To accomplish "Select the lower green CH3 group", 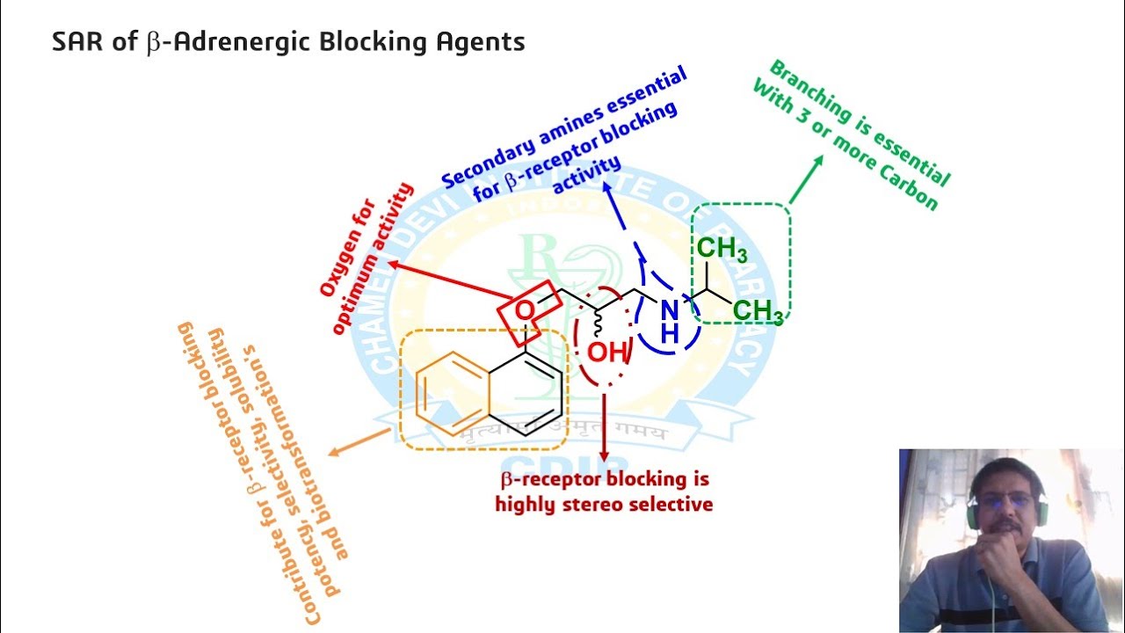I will pyautogui.click(x=758, y=310).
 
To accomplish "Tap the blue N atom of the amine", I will pyautogui.click(x=670, y=309).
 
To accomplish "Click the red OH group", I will pyautogui.click(x=607, y=353).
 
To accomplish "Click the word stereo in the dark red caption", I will pyautogui.click(x=584, y=504).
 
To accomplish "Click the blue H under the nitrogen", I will pyautogui.click(x=670, y=333).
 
